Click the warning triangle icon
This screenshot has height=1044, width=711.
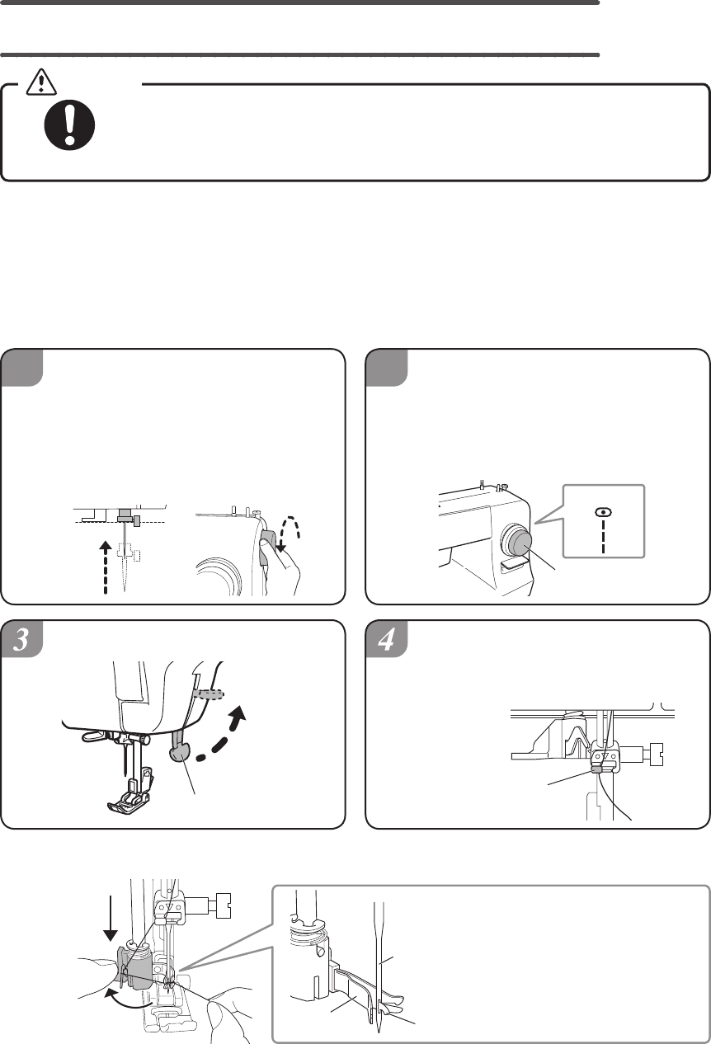pyautogui.click(x=41, y=82)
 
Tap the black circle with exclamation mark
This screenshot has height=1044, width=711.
pyautogui.click(x=69, y=125)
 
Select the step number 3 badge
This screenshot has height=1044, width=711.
pyautogui.click(x=21, y=639)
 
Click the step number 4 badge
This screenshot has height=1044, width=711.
pyautogui.click(x=386, y=639)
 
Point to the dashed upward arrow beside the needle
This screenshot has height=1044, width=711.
pyautogui.click(x=106, y=567)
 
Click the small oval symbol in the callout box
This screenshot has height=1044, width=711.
pyautogui.click(x=603, y=512)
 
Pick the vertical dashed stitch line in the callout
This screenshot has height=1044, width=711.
pyautogui.click(x=603, y=537)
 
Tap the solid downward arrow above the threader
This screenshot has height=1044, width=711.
pyautogui.click(x=111, y=915)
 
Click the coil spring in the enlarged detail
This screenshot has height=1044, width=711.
pyautogui.click(x=306, y=937)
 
